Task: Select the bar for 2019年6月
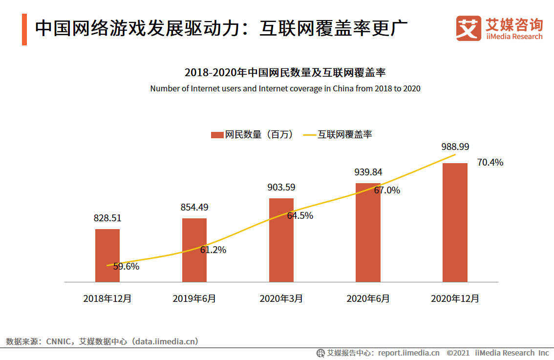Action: click(194, 250)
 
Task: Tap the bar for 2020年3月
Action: click(281, 240)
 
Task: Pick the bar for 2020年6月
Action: click(368, 233)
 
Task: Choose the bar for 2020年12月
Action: click(455, 222)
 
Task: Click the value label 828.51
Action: click(107, 218)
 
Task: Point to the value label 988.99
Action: click(455, 147)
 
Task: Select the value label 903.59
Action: click(281, 187)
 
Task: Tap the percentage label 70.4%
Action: click(490, 163)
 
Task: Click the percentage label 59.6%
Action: click(126, 267)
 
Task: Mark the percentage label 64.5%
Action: click(300, 215)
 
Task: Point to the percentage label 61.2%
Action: click(213, 250)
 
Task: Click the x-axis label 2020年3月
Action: click(281, 298)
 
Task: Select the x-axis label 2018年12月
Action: click(107, 298)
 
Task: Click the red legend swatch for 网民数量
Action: click(217, 134)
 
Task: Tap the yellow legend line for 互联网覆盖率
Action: click(309, 134)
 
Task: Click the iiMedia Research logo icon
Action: click(469, 28)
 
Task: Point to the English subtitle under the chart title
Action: click(285, 88)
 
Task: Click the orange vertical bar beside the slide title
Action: click(24, 29)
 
